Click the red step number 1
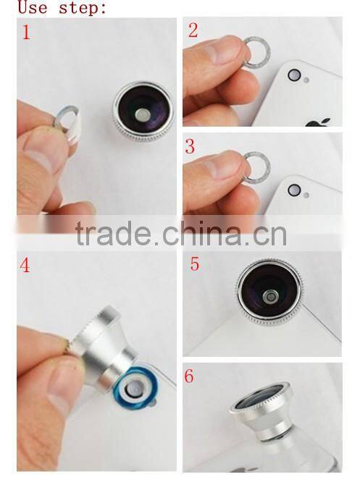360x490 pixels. click(25, 33)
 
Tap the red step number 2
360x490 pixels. click(193, 30)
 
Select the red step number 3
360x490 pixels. click(191, 146)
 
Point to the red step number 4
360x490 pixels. click(25, 266)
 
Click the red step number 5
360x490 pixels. click(194, 263)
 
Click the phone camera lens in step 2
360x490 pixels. click(294, 75)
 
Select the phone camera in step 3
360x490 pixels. click(294, 190)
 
